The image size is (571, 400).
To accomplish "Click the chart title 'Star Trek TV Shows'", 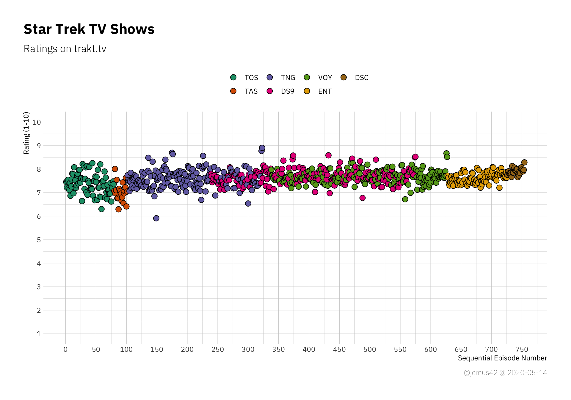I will pos(89,29).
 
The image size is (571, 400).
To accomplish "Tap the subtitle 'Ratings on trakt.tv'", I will pos(65,49).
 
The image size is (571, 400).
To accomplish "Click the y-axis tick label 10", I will pos(37,122).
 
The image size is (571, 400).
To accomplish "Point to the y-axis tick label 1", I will pos(39,334).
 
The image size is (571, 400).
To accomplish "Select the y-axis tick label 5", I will pos(39,240).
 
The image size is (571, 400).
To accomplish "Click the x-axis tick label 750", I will pos(522,349).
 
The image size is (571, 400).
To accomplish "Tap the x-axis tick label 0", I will pos(65,349).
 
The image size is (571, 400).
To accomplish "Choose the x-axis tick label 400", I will pos(309,349).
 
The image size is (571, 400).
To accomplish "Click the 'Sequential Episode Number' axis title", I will pos(502,358).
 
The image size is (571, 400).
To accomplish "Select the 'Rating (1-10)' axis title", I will pos(26,133).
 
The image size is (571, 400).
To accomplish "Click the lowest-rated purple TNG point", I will pos(156,218).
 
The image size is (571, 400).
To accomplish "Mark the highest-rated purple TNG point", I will pos(262,148).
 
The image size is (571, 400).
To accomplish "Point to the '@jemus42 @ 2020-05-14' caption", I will pos(505,373).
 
